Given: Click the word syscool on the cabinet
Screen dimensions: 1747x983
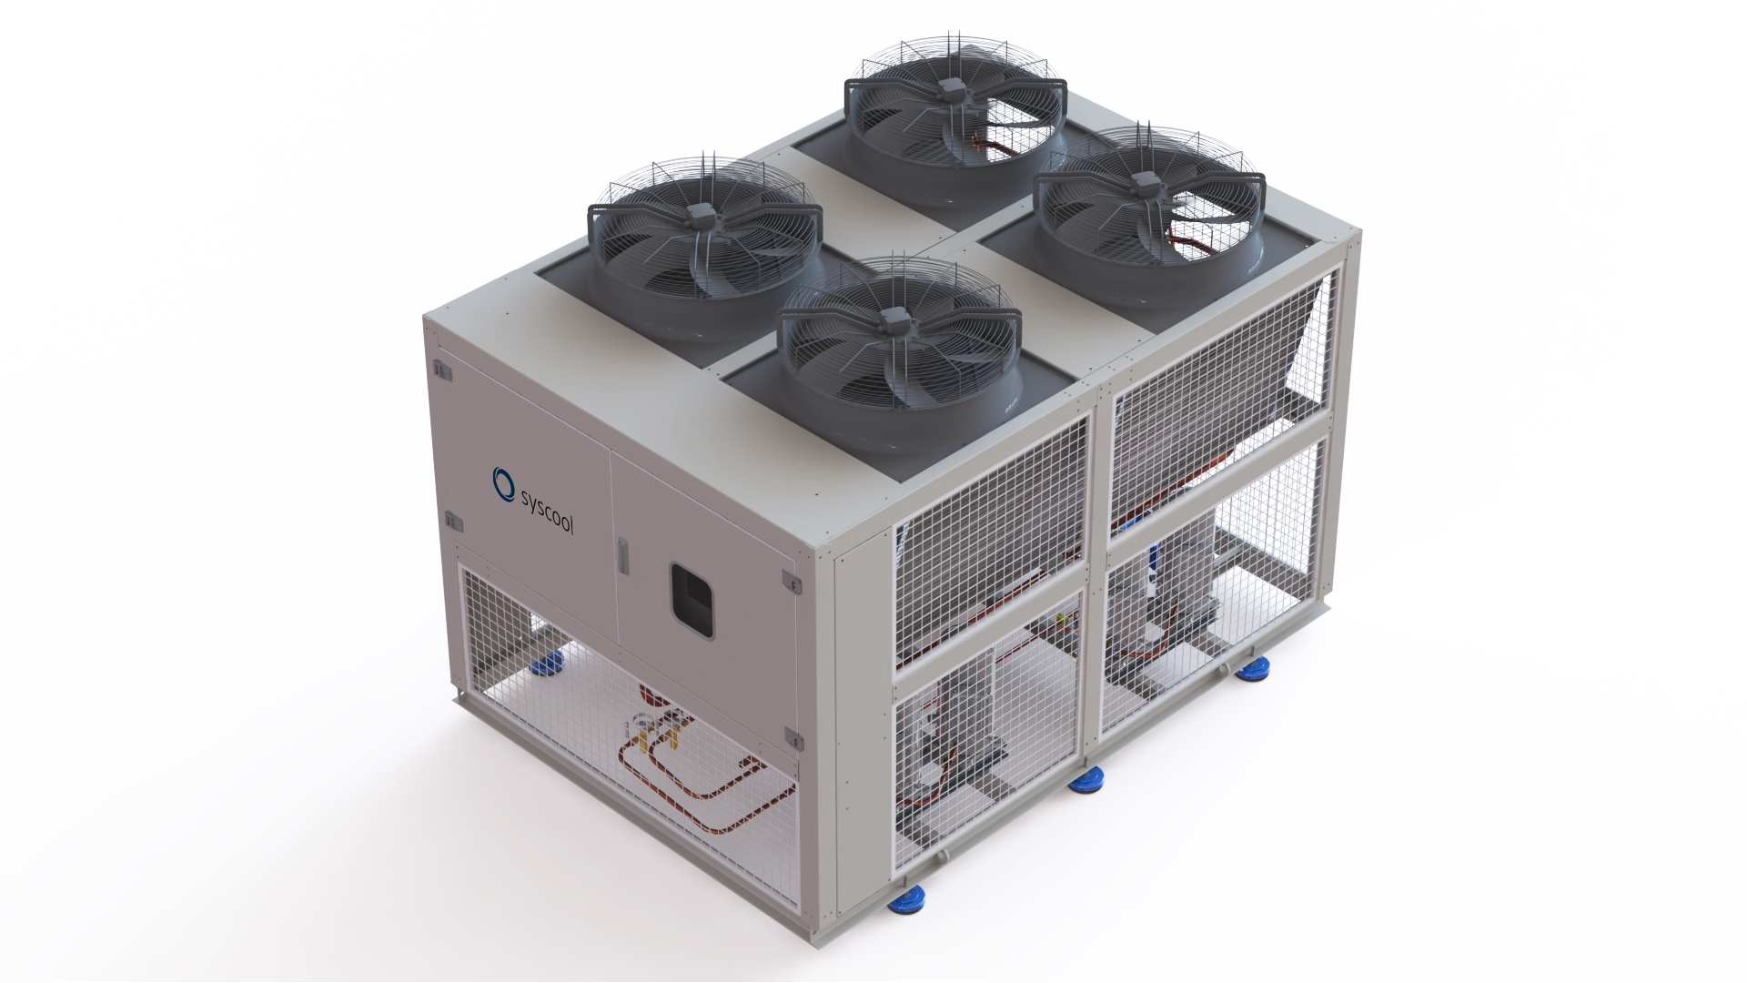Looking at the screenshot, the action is pos(546,511).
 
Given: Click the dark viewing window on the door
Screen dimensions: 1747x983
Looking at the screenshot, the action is pos(692,602).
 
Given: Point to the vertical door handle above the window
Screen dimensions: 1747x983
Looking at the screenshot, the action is pos(622,555).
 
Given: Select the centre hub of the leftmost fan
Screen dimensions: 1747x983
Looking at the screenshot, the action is pos(701,215).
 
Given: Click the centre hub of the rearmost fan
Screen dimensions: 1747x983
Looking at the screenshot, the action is pos(953,88).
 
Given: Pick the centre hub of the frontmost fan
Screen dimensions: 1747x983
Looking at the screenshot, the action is pos(894,317).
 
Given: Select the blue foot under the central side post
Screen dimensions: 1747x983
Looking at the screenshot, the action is pos(1086,779).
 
